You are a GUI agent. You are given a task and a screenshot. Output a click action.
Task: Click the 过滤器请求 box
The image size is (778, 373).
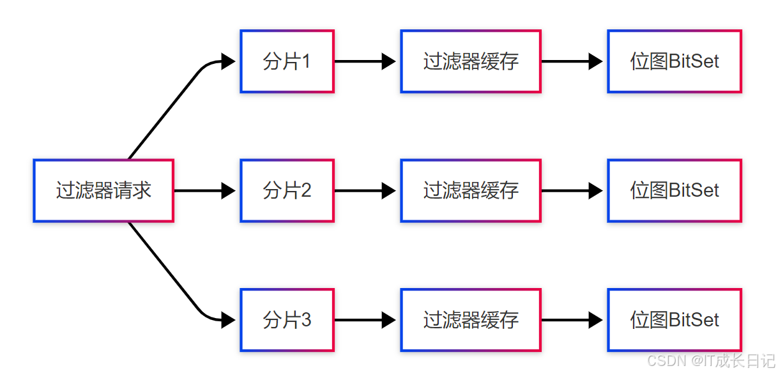point(103,191)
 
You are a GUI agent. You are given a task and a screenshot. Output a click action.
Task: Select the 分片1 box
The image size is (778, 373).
point(287,61)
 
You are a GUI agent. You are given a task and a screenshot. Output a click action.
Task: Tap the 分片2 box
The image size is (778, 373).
point(287,190)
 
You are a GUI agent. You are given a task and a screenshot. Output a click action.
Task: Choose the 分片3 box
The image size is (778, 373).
point(287,320)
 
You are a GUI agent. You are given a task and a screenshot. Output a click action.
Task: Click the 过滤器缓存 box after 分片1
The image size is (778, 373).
point(471,61)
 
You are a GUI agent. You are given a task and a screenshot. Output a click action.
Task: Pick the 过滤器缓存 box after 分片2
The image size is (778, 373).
point(471,190)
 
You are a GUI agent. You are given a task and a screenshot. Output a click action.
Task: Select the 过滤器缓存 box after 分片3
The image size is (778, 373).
point(471,320)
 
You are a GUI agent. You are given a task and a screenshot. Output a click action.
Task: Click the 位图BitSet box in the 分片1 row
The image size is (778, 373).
point(675,61)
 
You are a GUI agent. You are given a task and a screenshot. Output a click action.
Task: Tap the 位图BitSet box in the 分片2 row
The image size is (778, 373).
point(675,190)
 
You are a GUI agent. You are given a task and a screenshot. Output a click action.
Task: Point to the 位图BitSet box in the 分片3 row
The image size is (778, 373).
point(675,320)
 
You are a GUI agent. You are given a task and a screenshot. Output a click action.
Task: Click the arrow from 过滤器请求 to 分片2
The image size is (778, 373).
point(204,190)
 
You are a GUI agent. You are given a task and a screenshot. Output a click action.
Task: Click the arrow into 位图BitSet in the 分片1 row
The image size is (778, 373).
point(572,61)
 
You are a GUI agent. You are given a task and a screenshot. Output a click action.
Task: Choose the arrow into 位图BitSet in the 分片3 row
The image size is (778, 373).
point(572,320)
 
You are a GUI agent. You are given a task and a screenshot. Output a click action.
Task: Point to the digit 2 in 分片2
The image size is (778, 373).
point(305,190)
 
